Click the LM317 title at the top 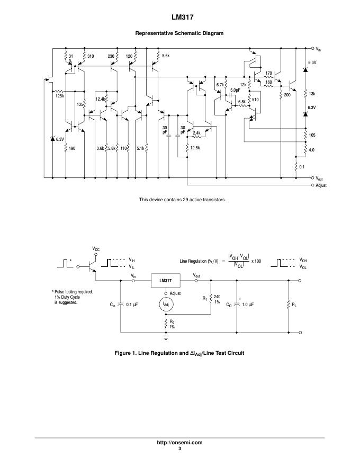(x=179, y=17)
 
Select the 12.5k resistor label (x=195, y=148)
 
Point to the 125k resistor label (x=59, y=96)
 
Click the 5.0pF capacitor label (x=236, y=91)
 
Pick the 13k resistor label (x=312, y=94)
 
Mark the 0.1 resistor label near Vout (x=302, y=167)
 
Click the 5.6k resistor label (x=166, y=56)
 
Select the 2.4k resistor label (x=196, y=133)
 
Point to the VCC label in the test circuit (x=96, y=248)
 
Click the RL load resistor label (x=295, y=304)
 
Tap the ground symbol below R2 (x=165, y=336)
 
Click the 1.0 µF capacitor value (x=249, y=305)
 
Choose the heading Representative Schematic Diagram (x=179, y=33)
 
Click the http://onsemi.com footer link (x=179, y=442)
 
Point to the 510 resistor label (x=255, y=99)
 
